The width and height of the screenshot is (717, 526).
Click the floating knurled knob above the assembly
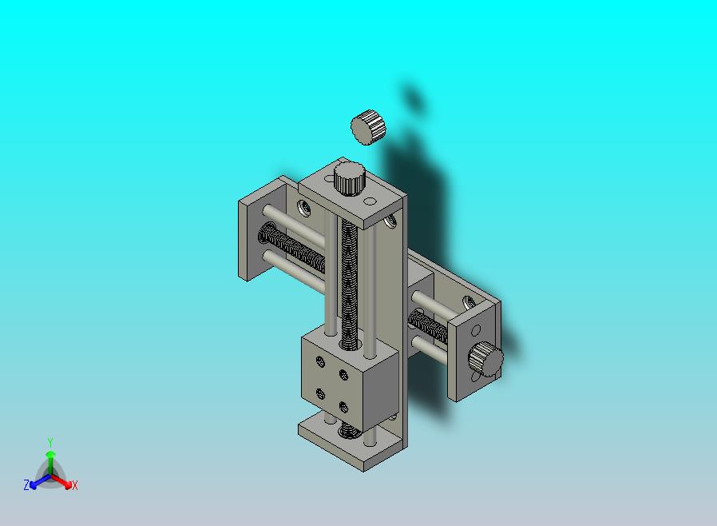[368, 127]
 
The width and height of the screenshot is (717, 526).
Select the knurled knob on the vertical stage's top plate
[350, 178]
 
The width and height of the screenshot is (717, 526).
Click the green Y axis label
[50, 442]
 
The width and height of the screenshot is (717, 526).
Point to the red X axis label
[74, 485]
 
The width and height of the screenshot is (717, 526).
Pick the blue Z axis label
[26, 484]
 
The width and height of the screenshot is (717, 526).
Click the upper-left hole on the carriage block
[320, 361]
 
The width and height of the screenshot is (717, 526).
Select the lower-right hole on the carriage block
[344, 407]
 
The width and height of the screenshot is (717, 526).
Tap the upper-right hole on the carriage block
[344, 375]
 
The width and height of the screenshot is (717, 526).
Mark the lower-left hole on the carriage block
[320, 393]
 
